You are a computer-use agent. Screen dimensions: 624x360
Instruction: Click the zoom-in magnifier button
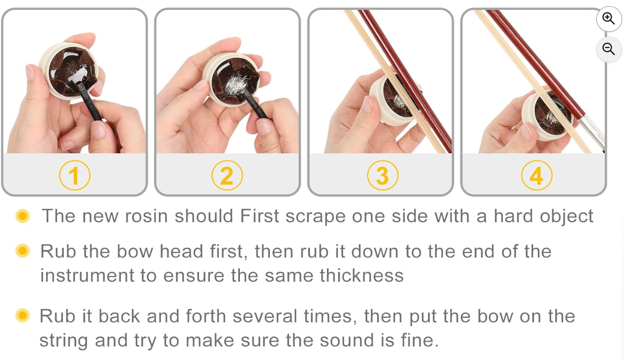tap(609, 19)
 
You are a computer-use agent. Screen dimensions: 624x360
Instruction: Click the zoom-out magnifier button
tap(609, 49)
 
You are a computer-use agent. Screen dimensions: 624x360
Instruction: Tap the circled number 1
tap(74, 175)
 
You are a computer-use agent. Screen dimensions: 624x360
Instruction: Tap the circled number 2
tap(227, 175)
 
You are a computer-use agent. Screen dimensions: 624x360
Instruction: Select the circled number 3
tap(383, 175)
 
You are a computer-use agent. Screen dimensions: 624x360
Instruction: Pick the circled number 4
tap(536, 175)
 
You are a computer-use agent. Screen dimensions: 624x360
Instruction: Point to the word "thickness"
tap(362, 276)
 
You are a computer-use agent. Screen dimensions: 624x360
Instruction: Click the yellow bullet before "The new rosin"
tap(22, 216)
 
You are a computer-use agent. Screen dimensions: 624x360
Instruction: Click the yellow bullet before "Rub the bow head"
tap(22, 250)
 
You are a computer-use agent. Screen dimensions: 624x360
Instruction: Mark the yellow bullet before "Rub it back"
tap(22, 315)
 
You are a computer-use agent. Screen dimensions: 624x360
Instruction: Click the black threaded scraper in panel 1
tap(89, 101)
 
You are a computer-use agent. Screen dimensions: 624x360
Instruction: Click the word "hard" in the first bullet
tap(513, 216)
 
